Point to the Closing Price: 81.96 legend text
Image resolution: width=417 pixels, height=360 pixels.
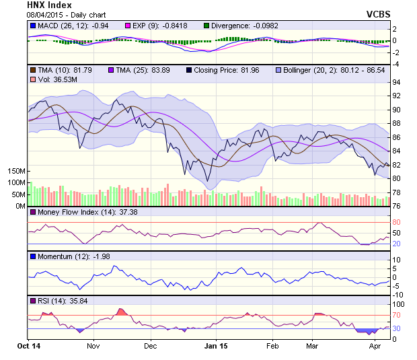tap(229, 70)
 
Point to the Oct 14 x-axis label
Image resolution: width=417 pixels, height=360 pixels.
tap(29, 345)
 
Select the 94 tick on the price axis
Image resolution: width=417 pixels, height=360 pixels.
tap(396, 82)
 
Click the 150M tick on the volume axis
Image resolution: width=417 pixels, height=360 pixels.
tap(17, 172)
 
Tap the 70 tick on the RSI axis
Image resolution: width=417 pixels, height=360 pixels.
tap(396, 315)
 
